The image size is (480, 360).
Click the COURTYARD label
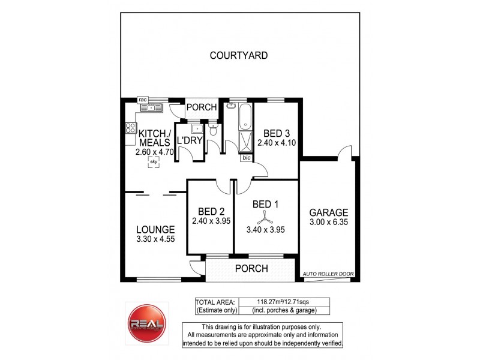pyautogui.click(x=238, y=56)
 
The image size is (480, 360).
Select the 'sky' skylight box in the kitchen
pyautogui.click(x=154, y=162)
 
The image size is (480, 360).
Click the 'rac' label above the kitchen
pyautogui.click(x=143, y=100)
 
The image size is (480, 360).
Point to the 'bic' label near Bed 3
pyautogui.click(x=246, y=158)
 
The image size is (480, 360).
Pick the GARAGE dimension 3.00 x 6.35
pyautogui.click(x=329, y=222)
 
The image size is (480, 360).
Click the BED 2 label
pyautogui.click(x=211, y=211)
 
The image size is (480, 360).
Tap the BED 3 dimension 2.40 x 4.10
pyautogui.click(x=277, y=143)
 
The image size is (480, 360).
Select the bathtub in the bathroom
pyautogui.click(x=246, y=117)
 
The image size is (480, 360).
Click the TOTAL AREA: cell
pyautogui.click(x=215, y=301)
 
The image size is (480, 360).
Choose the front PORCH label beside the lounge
pyautogui.click(x=251, y=268)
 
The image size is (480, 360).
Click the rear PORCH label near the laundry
pyautogui.click(x=201, y=107)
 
